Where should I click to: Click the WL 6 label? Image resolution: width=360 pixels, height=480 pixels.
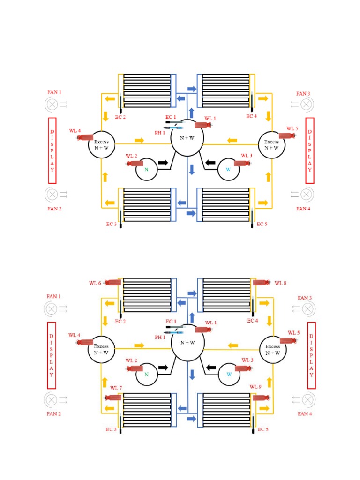point(95,283)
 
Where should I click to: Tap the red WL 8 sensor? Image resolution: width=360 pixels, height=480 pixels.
point(261,283)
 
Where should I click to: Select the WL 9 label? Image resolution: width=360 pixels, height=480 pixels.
point(255,387)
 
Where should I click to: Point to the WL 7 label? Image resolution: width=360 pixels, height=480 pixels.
point(116,388)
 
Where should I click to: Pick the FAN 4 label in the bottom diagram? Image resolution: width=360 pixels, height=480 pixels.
point(304,414)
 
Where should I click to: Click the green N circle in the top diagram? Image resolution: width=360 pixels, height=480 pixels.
point(146,170)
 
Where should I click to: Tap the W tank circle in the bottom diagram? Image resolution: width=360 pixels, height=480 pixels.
point(229,374)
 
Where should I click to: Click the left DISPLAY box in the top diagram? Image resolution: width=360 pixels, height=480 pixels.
point(52,150)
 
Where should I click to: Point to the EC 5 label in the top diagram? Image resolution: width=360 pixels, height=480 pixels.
point(262,225)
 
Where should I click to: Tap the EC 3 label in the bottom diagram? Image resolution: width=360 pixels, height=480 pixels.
point(111,429)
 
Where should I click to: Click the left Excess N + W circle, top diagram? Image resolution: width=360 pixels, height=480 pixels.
point(102,144)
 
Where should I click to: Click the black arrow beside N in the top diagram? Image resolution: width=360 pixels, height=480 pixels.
point(163,162)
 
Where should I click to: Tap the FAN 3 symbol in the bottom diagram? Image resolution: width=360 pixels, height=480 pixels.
point(307,308)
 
